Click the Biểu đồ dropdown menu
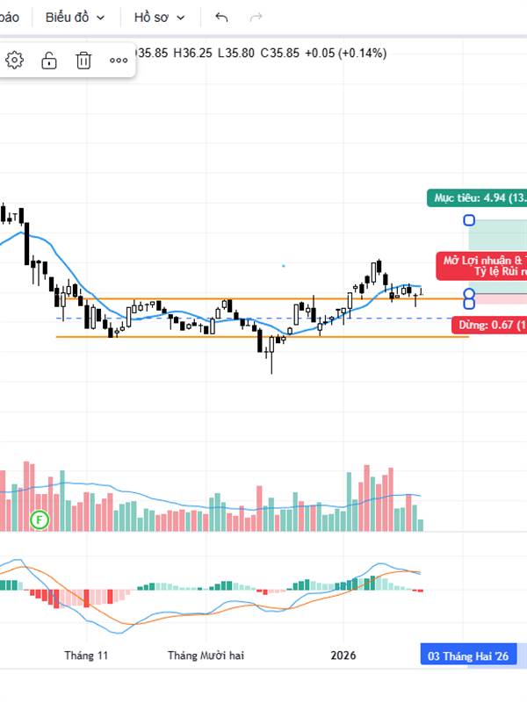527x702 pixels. click(x=76, y=17)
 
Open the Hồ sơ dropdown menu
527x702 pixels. click(x=159, y=17)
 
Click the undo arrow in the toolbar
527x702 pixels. click(x=221, y=17)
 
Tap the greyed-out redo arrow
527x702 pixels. click(x=256, y=17)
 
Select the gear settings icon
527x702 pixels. click(x=15, y=60)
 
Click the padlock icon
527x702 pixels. click(x=49, y=60)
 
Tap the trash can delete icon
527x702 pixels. click(x=83, y=60)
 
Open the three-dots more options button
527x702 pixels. click(x=119, y=60)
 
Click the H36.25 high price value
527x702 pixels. click(x=192, y=53)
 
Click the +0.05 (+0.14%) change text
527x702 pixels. click(x=345, y=53)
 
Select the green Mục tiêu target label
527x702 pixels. click(x=476, y=197)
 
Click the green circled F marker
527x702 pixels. click(x=39, y=520)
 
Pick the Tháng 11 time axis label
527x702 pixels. click(x=86, y=655)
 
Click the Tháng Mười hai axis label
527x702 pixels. click(x=206, y=655)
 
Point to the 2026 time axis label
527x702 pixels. click(x=343, y=655)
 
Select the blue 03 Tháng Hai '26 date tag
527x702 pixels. click(x=467, y=655)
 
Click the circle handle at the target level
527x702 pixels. click(x=469, y=220)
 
